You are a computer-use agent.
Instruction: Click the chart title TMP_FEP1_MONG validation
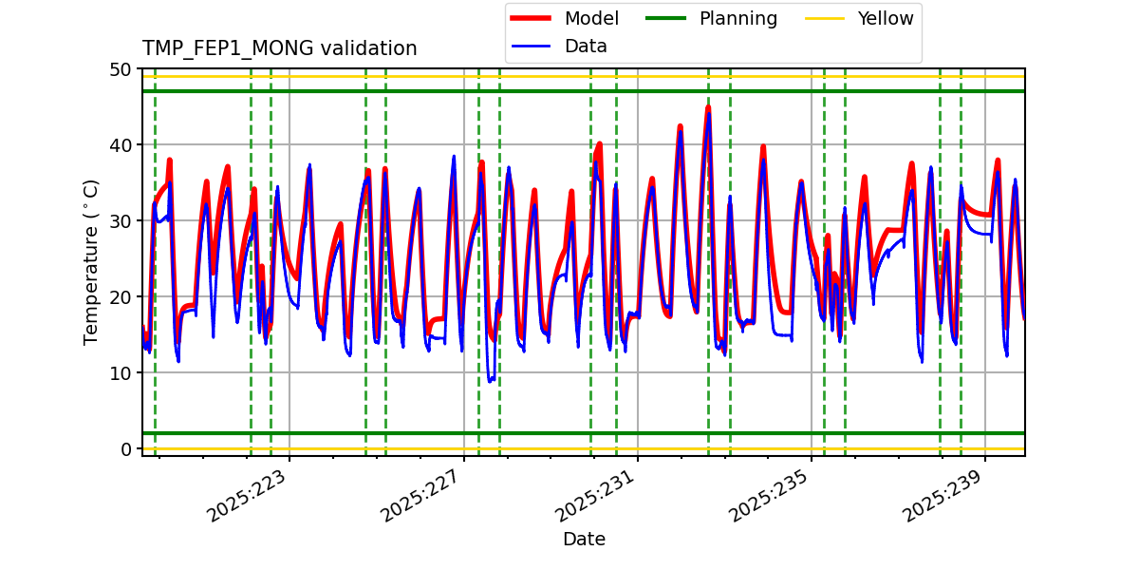click(279, 48)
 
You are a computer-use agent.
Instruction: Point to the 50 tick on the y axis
click(121, 69)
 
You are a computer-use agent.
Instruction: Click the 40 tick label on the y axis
click(121, 145)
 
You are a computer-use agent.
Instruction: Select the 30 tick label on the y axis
click(121, 221)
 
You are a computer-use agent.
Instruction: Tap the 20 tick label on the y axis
click(121, 297)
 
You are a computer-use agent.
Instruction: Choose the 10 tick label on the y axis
click(121, 373)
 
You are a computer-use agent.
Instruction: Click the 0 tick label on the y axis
click(126, 449)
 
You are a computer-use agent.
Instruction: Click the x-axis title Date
click(584, 540)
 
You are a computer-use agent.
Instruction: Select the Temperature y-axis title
click(91, 261)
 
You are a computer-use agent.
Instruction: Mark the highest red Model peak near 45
click(708, 106)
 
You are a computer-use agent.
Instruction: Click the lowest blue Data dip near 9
click(490, 381)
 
